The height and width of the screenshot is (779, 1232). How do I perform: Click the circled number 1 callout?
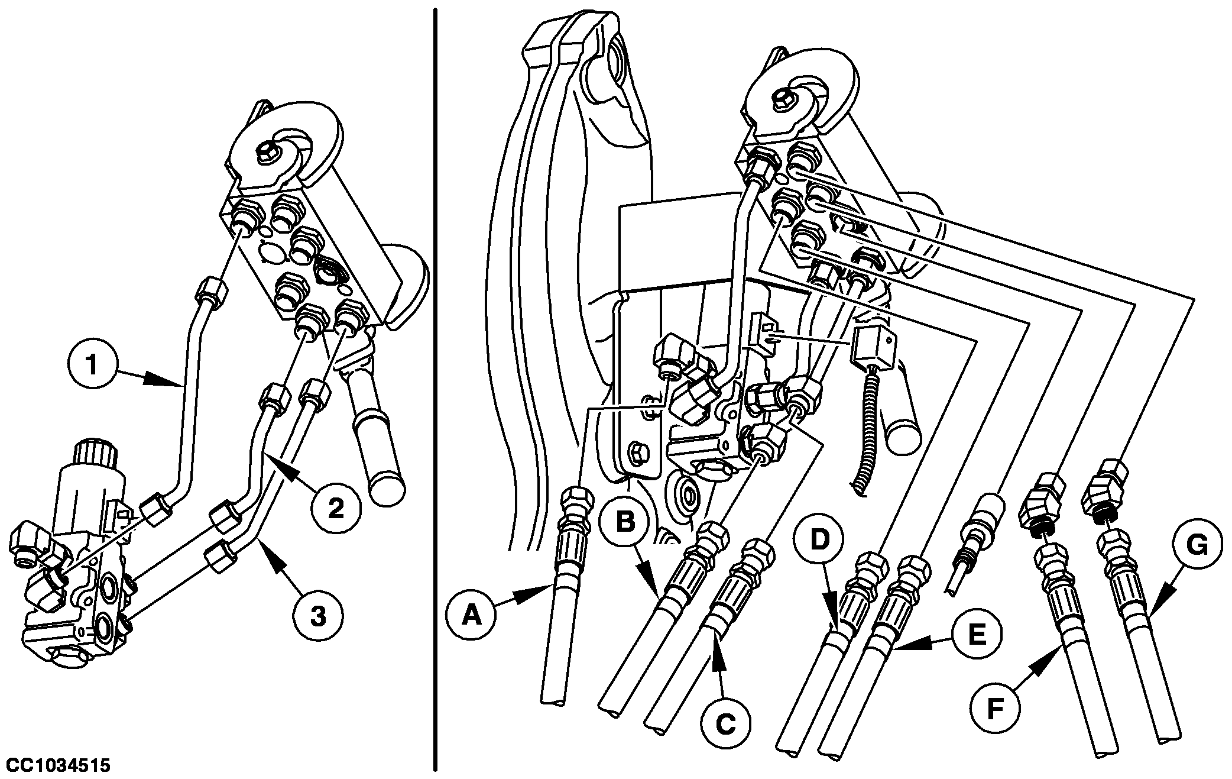point(92,365)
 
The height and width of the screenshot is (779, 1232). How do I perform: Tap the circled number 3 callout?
point(317,616)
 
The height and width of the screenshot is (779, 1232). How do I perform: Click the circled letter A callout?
point(471,616)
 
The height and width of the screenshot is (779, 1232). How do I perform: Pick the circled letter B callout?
point(625,522)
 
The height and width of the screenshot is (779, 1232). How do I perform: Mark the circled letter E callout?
point(976,636)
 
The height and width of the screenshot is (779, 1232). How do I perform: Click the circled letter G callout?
point(1197,546)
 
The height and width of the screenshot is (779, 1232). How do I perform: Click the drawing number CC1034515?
point(59,766)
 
